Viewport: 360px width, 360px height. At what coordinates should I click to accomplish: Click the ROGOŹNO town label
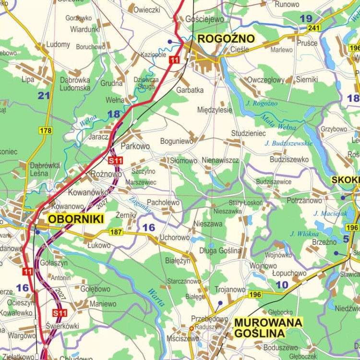227,39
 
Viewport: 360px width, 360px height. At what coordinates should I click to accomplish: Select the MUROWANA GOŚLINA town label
268,327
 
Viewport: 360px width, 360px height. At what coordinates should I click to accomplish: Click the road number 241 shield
314,28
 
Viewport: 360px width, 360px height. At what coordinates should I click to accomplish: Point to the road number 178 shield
46,131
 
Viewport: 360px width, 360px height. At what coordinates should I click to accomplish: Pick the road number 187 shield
116,232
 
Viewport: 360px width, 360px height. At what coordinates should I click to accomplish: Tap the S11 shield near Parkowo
116,161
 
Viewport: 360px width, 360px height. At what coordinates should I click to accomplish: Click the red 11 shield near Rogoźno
174,60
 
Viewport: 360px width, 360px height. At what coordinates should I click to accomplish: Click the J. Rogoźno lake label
262,103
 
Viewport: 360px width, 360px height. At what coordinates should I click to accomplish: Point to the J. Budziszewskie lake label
288,143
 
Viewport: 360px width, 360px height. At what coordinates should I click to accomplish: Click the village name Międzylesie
215,110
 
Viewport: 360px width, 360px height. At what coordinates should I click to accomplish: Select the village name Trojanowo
230,289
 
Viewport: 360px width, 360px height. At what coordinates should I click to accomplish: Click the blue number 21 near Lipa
44,96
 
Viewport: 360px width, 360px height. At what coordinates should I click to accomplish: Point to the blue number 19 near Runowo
306,19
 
